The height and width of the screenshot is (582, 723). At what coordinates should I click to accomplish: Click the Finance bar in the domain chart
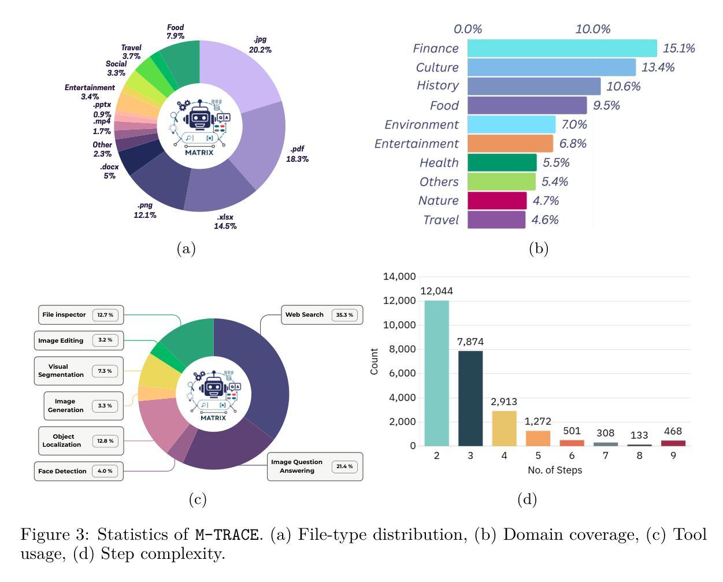(562, 49)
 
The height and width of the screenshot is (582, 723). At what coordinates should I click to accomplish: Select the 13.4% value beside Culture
(658, 68)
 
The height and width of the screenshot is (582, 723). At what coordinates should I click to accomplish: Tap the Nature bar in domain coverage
(497, 201)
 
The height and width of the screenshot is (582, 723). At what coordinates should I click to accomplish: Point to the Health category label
(439, 163)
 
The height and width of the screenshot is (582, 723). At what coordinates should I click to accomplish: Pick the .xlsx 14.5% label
(225, 221)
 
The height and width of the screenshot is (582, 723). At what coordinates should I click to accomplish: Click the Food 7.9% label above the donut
(175, 32)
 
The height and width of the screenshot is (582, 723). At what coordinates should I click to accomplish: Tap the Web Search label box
(322, 315)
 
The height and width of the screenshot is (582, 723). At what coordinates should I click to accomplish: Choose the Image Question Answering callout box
(315, 466)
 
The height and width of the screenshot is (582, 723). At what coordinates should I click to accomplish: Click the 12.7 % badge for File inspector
(105, 315)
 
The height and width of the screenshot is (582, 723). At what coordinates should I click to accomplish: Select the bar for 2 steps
(436, 373)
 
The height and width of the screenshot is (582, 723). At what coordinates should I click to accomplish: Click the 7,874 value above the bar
(470, 342)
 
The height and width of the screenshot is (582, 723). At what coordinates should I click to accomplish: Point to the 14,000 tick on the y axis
(399, 276)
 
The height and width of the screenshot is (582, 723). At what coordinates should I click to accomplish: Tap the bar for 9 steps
(673, 443)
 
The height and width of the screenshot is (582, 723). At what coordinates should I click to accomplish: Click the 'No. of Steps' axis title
(554, 470)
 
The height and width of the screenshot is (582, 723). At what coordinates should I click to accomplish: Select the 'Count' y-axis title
(375, 361)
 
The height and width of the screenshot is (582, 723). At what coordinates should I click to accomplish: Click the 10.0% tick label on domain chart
(592, 29)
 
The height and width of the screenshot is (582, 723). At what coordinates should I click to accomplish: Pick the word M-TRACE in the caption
(226, 535)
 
